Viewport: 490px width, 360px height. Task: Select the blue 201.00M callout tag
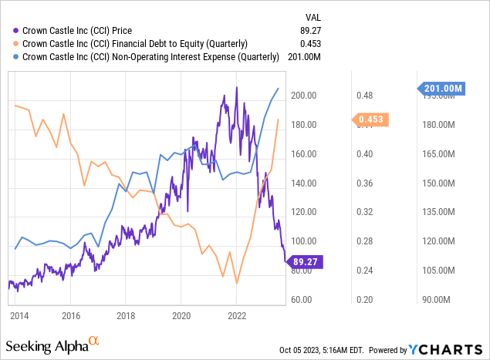point(443,89)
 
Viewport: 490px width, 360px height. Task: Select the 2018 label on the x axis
point(126,315)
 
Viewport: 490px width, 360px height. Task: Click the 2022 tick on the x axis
point(236,315)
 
